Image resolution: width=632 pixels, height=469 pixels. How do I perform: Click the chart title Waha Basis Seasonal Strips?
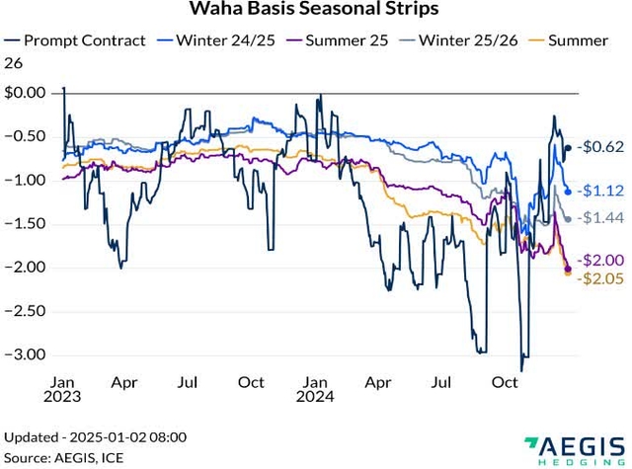(315, 10)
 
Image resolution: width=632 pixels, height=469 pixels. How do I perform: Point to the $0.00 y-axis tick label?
(26, 93)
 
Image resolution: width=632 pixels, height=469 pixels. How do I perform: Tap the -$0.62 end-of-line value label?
(600, 147)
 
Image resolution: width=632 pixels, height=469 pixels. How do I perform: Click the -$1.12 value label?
(600, 191)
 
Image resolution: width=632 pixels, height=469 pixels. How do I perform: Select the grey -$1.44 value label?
(600, 217)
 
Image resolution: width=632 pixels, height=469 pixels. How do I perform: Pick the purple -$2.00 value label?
(600, 260)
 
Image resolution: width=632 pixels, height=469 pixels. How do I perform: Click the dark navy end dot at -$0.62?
(567, 148)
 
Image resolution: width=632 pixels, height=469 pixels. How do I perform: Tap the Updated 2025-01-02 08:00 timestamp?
(96, 436)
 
